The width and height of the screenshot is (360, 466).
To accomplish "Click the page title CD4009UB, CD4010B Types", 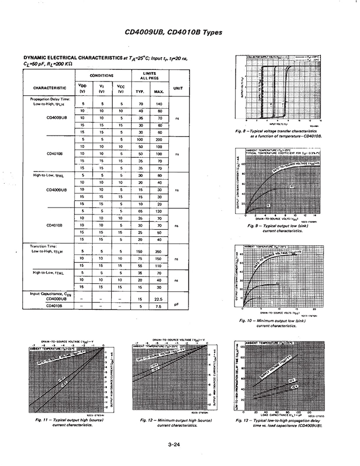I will pos(173,32).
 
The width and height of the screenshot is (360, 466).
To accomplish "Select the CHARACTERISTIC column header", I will pos(49,88).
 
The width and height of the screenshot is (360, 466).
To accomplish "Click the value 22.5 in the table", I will pos(158,299).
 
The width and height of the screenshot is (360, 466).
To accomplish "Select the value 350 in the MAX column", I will pos(158,252).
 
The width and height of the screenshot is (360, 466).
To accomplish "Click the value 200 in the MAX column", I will pos(158,139).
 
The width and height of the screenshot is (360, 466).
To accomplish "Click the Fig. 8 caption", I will pos(283,133).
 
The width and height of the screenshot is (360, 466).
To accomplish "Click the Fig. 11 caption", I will pos(64,423).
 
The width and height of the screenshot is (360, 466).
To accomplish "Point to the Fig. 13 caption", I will pos(279,423).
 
